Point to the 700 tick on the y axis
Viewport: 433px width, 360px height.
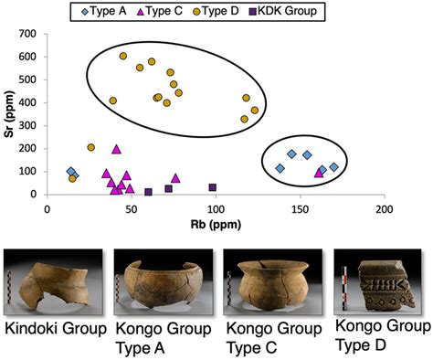[33, 34]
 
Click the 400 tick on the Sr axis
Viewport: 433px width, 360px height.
[33, 102]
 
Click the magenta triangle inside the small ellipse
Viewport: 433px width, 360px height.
[319, 172]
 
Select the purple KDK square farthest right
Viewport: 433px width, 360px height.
[213, 187]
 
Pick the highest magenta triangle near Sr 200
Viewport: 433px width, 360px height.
[116, 148]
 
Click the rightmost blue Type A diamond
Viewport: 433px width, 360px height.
[334, 166]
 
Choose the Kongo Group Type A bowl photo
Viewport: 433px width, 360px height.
[161, 284]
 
